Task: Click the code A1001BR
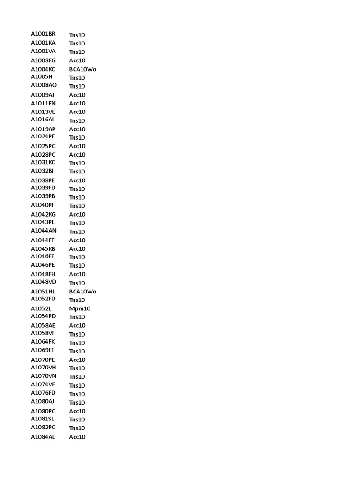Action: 43,34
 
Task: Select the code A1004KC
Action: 43,69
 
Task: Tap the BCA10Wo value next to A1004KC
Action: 82,69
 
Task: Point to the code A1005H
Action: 42,76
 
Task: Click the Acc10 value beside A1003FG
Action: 77,60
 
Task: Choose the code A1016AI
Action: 43,120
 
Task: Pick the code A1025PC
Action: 43,146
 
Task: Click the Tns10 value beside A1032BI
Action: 77,172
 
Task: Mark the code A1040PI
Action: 43,205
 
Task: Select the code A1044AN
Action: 44,231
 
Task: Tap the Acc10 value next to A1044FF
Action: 77,240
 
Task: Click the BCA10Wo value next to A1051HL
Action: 82,292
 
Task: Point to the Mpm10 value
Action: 80,308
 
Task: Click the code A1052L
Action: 41,308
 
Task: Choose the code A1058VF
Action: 43,333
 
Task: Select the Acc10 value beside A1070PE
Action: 77,360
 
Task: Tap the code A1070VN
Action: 44,376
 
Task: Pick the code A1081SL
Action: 43,419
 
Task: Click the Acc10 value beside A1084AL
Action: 77,437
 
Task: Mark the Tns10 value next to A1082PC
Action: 77,428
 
